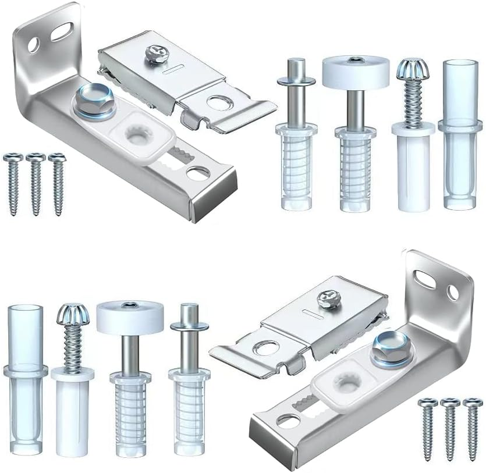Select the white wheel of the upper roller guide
pyautogui.click(x=355, y=69)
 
